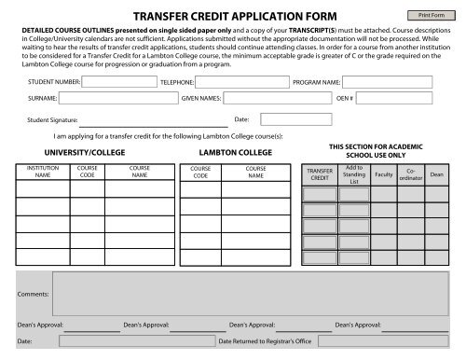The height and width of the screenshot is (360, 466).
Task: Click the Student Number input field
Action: click(x=119, y=82)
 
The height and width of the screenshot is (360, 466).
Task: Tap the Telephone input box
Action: click(x=237, y=82)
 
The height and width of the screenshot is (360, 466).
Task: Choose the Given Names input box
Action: click(x=269, y=97)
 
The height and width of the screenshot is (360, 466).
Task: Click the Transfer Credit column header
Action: click(x=320, y=174)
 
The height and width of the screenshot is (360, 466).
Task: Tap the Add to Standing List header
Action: click(x=353, y=174)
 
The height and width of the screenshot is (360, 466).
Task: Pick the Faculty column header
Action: click(x=382, y=174)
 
